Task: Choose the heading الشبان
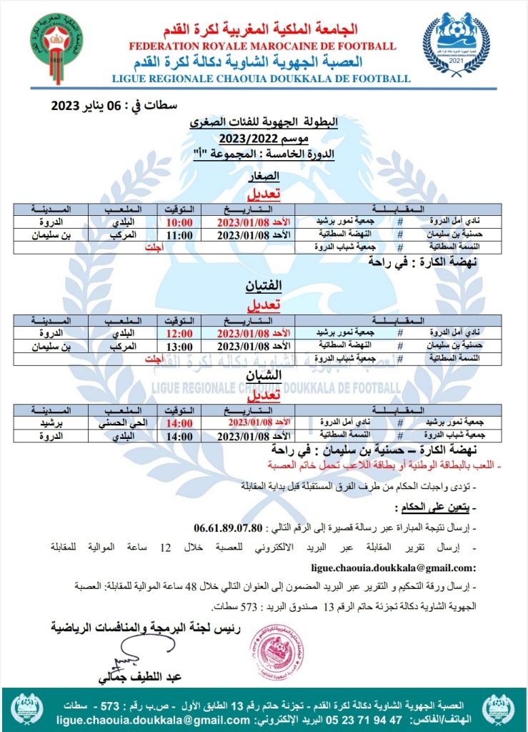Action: tap(268, 375)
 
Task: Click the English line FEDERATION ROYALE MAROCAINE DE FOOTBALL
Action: tap(263, 46)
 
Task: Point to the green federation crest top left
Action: tap(56, 44)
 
